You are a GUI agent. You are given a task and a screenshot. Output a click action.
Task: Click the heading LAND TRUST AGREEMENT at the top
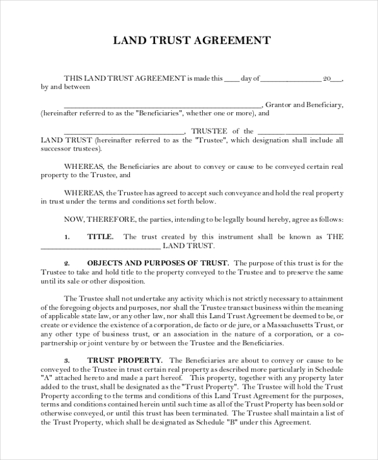[192, 41]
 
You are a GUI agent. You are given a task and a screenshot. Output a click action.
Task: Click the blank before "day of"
[231, 80]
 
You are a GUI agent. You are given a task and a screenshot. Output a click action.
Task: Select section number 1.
[67, 237]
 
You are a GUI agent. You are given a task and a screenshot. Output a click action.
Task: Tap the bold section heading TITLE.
[100, 237]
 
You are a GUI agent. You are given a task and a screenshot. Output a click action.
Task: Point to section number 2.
[67, 263]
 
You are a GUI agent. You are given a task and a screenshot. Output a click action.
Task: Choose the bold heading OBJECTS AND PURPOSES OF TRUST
[157, 263]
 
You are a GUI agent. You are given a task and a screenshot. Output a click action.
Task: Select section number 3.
[67, 360]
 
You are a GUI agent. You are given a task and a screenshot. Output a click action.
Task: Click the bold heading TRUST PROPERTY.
[122, 360]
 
